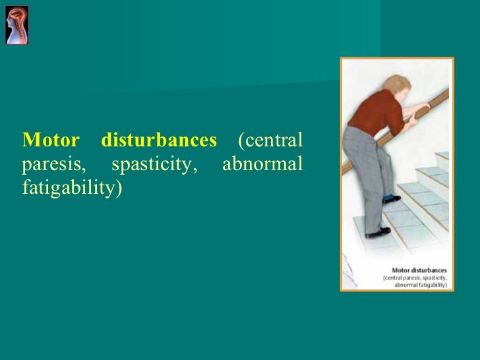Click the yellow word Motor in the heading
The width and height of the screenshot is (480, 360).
[x=51, y=140]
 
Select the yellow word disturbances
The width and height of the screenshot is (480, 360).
[x=159, y=140]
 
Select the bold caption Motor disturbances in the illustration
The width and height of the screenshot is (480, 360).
[x=419, y=270]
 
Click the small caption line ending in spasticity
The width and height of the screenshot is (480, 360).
[x=415, y=278]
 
